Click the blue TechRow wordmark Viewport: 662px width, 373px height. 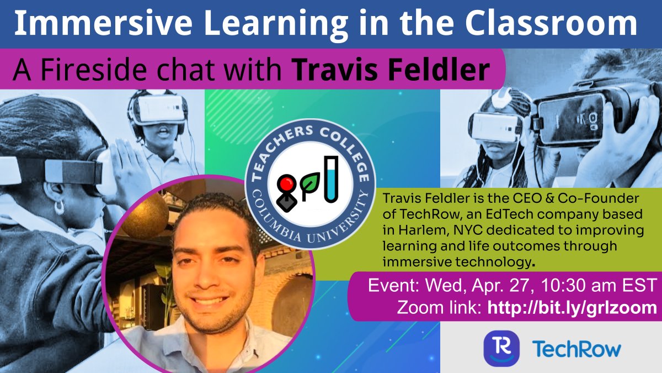coord(576,349)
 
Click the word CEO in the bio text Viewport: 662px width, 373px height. coord(525,197)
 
